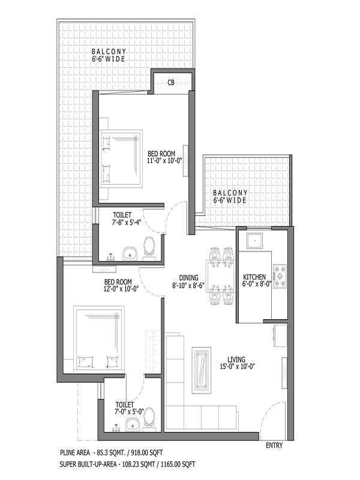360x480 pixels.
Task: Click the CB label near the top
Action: coord(171,83)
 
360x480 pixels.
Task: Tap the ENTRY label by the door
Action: coord(274,445)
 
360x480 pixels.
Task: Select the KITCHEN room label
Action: coord(254,277)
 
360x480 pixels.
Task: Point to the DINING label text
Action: coord(188,278)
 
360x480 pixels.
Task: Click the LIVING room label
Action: coord(236,359)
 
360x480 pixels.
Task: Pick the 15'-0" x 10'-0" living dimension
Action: coord(237,366)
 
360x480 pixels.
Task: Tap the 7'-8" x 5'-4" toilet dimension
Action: coord(126,222)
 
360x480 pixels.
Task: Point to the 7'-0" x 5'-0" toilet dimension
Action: coord(130,412)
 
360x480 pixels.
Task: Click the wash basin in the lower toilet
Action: coord(133,425)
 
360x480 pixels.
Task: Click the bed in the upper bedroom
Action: coord(122,158)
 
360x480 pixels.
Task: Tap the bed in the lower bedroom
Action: coord(99,339)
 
